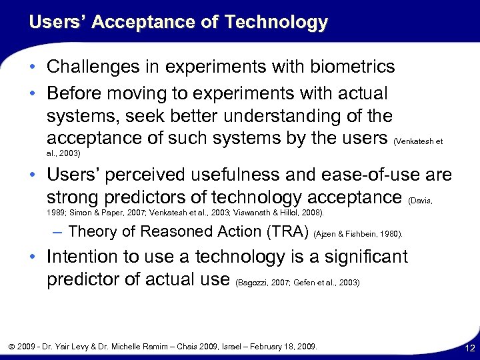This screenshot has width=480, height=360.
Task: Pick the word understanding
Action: coord(269,116)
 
